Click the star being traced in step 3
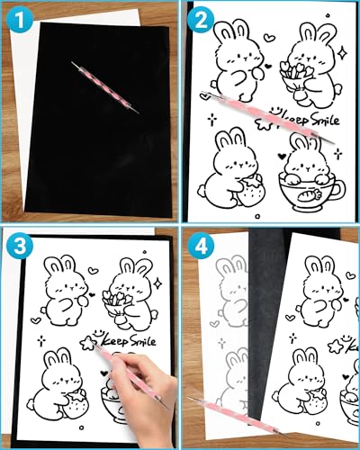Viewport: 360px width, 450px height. [x=88, y=343]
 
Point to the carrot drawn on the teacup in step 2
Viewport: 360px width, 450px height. [x=307, y=193]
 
